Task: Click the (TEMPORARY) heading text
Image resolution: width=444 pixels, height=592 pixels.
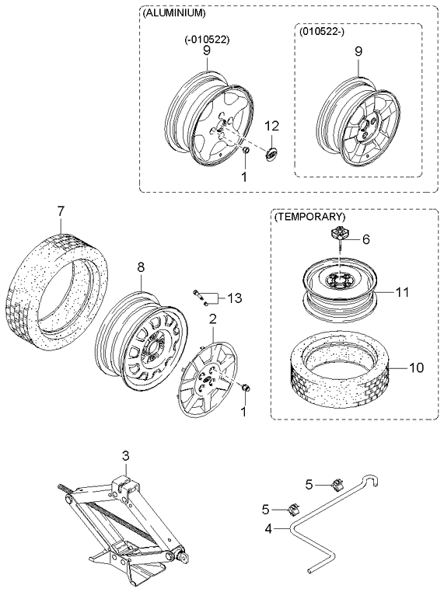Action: tap(309, 217)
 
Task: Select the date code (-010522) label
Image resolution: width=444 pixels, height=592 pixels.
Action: tap(206, 38)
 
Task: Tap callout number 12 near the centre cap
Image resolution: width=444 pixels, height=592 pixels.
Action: tap(271, 125)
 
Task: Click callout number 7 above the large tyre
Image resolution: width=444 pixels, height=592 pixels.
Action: tap(61, 211)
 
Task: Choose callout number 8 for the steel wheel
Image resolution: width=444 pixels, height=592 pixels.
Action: tap(141, 267)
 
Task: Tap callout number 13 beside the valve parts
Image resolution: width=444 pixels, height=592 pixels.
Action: tap(234, 298)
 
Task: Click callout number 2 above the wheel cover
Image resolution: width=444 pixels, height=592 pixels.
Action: tap(212, 318)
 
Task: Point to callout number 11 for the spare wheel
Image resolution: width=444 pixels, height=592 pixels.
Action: tap(401, 292)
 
